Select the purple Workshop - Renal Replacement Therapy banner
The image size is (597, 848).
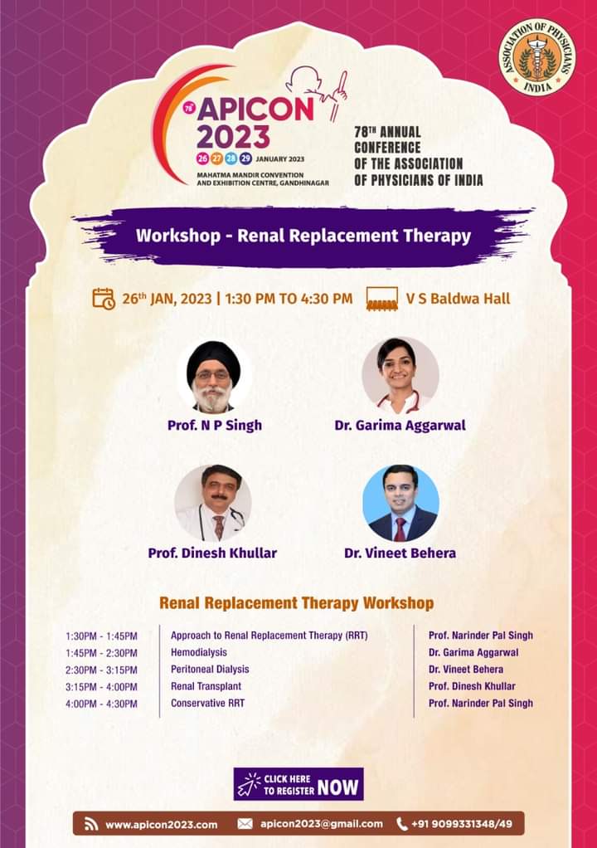(x=303, y=236)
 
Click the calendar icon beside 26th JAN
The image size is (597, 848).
(x=104, y=298)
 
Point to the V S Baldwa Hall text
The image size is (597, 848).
(x=458, y=298)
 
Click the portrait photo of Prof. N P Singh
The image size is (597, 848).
(x=213, y=376)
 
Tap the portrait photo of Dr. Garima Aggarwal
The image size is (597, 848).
(x=400, y=376)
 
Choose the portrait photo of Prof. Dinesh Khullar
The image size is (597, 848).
(x=213, y=503)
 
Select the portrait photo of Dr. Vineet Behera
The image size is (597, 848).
(x=400, y=503)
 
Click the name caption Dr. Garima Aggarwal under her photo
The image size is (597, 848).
(x=400, y=425)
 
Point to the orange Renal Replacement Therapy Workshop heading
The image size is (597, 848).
(x=296, y=603)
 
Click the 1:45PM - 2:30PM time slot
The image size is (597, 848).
(x=101, y=653)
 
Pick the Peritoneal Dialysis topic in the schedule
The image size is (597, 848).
(x=210, y=669)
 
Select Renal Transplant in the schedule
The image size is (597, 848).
(x=206, y=686)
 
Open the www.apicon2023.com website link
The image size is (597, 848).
(x=161, y=824)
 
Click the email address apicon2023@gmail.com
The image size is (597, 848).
(x=321, y=824)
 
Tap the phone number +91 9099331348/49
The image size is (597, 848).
(x=461, y=824)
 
